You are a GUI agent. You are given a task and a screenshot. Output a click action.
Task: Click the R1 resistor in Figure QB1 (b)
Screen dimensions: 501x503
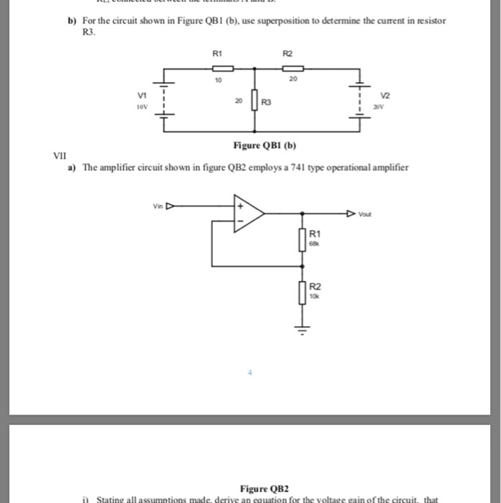(x=224, y=70)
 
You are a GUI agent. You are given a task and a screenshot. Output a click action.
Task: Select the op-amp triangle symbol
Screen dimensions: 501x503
(x=246, y=213)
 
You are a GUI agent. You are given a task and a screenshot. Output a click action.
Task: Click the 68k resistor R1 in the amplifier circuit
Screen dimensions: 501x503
(x=302, y=240)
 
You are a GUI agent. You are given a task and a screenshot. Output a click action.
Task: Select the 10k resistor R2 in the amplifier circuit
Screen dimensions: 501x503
(x=302, y=292)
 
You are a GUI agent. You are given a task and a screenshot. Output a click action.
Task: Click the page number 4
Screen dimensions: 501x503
(x=252, y=373)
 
